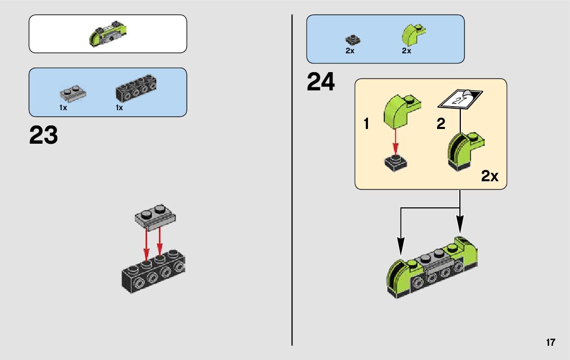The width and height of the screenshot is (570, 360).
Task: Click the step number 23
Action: [x=44, y=136]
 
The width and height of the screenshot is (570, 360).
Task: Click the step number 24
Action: [x=321, y=83]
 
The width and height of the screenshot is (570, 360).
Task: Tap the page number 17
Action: [x=550, y=343]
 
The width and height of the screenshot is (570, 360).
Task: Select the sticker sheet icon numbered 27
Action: [x=460, y=98]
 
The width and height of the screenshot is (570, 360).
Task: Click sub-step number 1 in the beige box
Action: [x=366, y=124]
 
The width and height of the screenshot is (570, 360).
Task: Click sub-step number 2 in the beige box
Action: [x=441, y=124]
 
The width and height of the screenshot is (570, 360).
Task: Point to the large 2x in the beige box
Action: [x=490, y=177]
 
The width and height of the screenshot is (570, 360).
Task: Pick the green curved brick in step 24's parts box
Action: [x=412, y=35]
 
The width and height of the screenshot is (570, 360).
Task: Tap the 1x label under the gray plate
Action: [x=63, y=108]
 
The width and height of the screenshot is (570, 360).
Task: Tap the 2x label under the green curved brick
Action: [x=406, y=51]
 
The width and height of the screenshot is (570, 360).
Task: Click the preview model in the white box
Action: [x=108, y=34]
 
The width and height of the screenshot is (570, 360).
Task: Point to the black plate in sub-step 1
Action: [x=396, y=162]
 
